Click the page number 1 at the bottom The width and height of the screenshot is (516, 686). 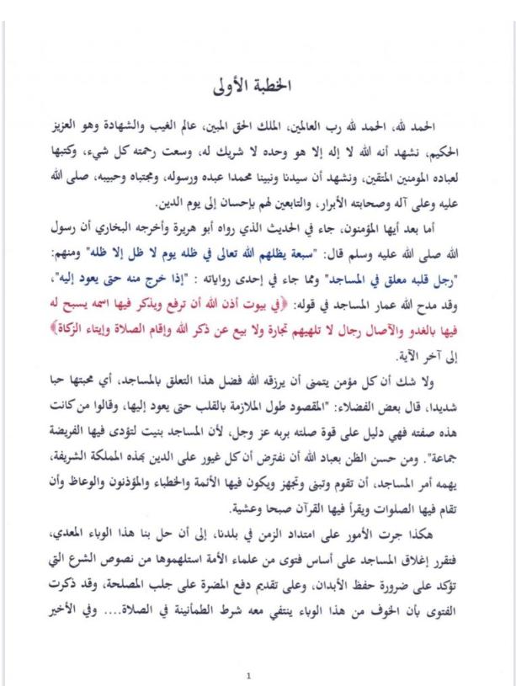click(248, 675)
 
